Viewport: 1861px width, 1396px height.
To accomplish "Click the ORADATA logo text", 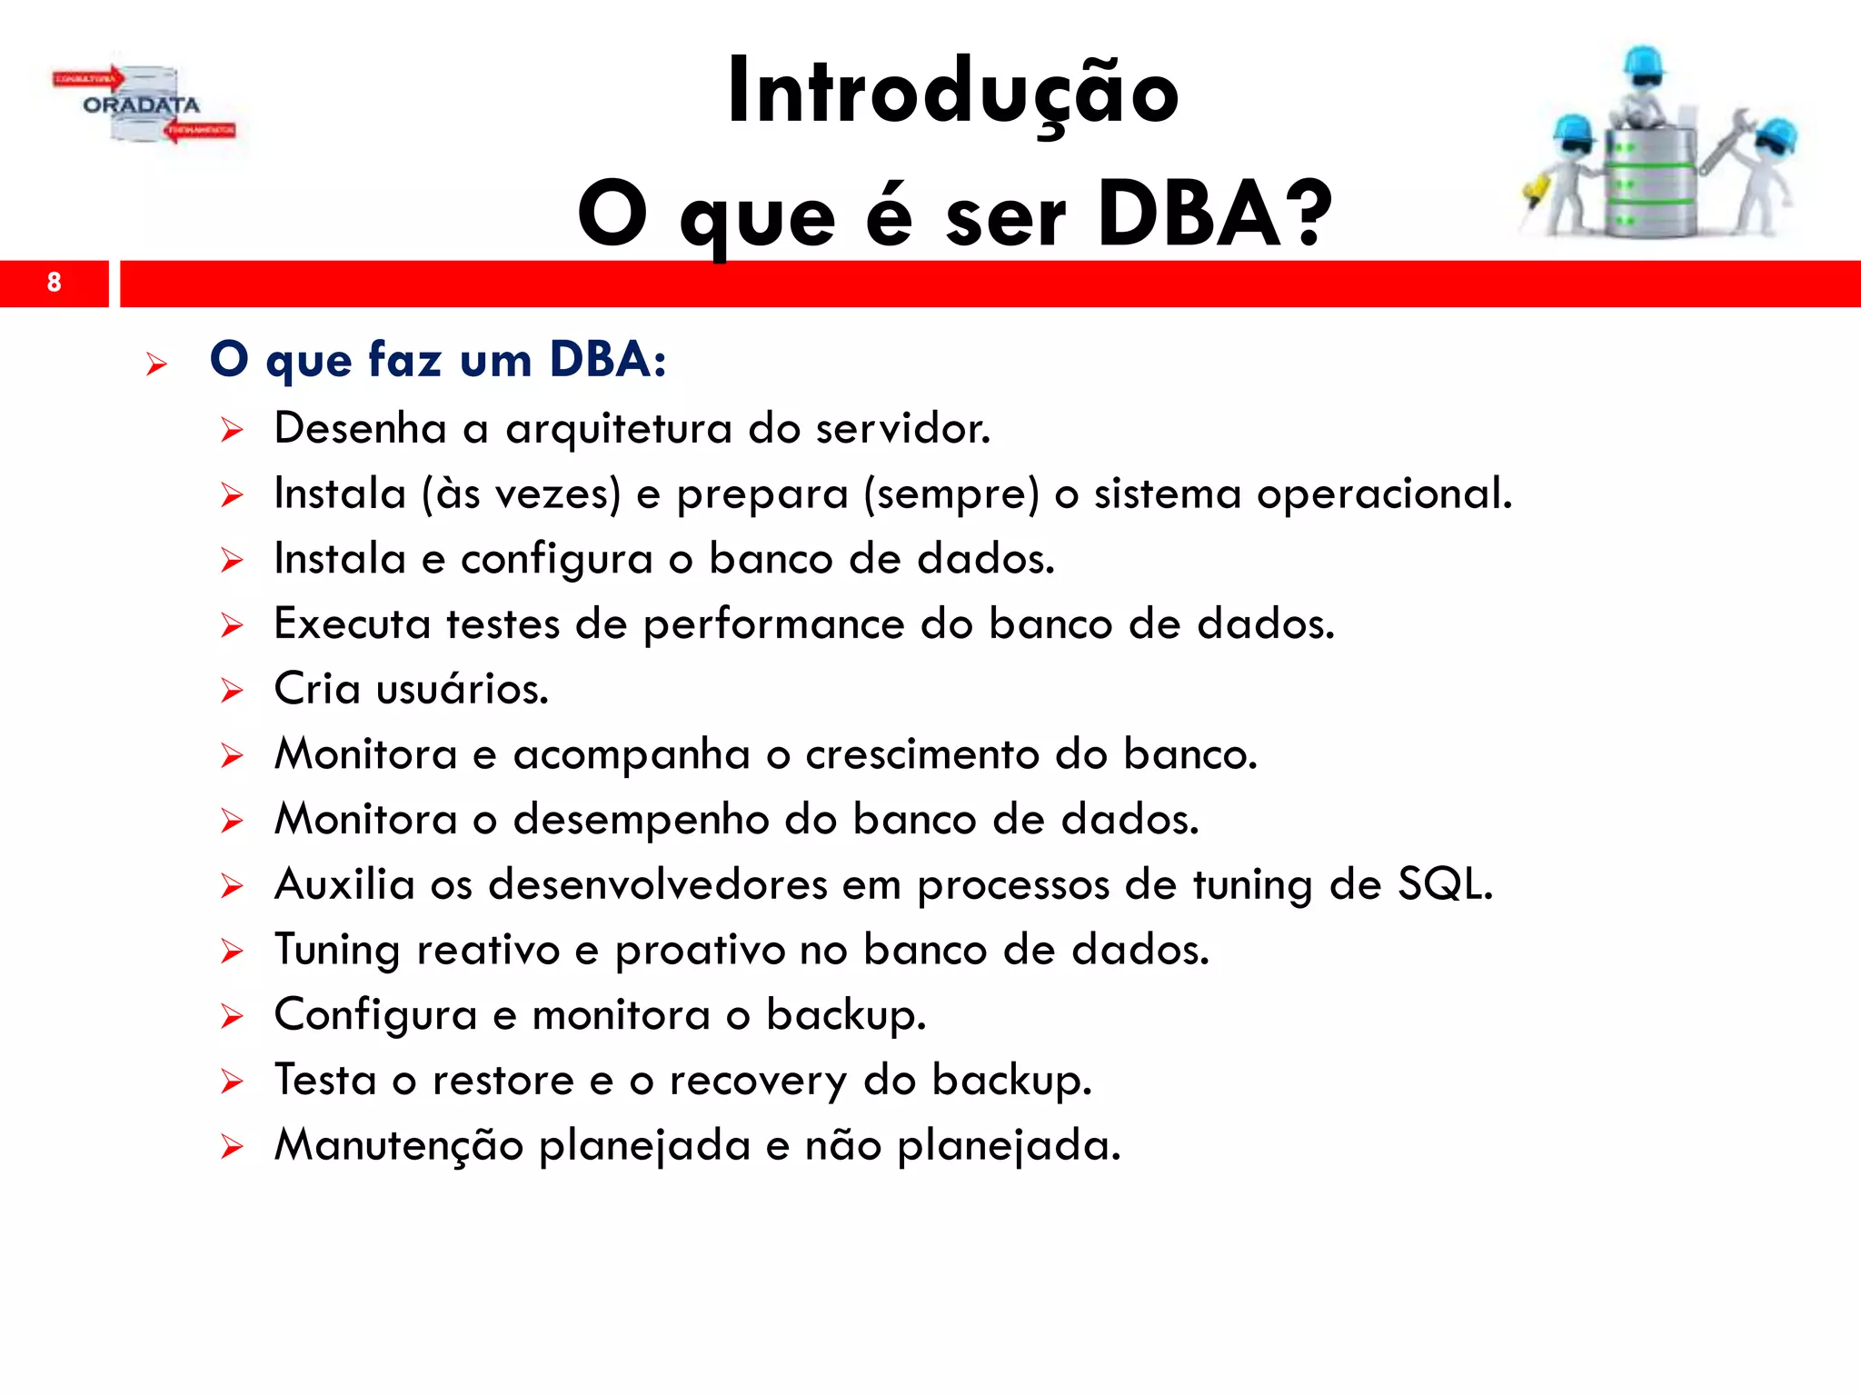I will pos(141,105).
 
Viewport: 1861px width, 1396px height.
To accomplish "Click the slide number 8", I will pos(54,283).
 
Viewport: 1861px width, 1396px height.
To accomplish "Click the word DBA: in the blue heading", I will pos(608,359).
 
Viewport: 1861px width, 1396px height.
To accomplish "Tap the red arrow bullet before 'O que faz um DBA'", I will pos(156,365).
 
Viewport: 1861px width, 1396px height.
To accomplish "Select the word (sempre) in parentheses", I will pos(951,494).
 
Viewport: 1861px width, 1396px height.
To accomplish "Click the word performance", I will pos(773,624).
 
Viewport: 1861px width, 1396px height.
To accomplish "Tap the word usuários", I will pos(462,689).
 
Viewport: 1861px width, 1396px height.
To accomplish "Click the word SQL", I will pos(1444,884).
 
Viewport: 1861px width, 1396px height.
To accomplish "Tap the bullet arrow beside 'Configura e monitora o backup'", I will pos(232,1017).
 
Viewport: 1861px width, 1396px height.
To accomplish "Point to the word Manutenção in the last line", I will pos(399,1145).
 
